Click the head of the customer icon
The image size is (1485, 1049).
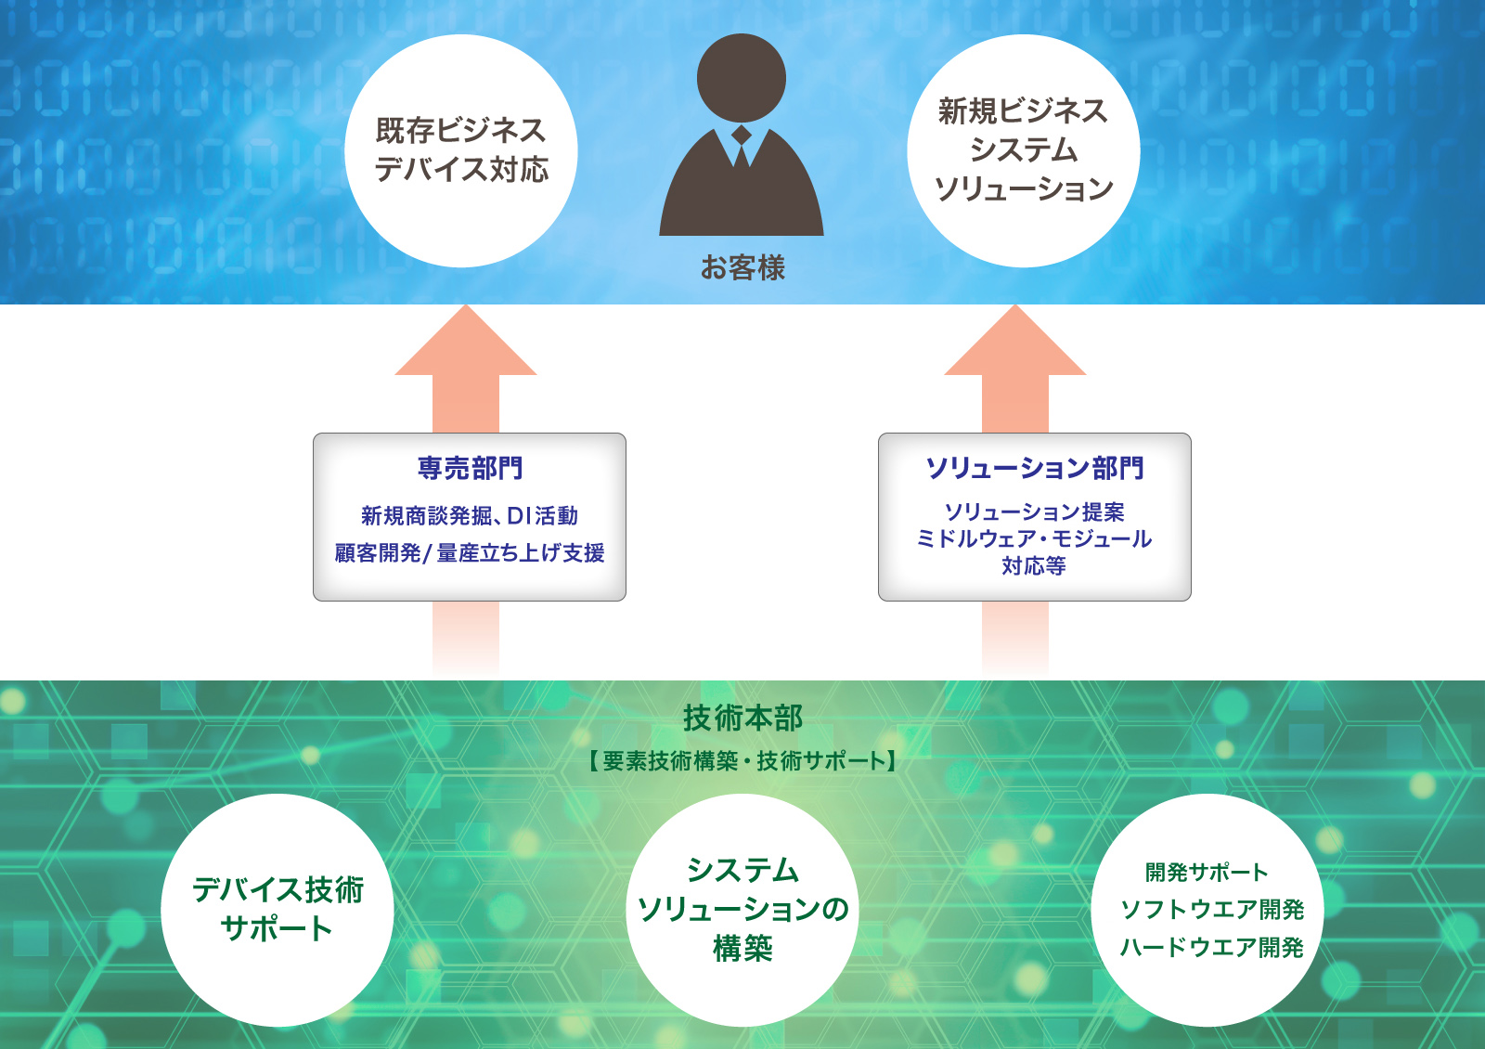pyautogui.click(x=742, y=78)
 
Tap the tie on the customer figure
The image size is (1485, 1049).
pyautogui.click(x=742, y=147)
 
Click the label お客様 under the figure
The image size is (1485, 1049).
pyautogui.click(x=742, y=268)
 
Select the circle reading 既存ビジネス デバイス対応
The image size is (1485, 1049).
pyautogui.click(x=461, y=150)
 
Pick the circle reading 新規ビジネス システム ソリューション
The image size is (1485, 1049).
pyautogui.click(x=1024, y=150)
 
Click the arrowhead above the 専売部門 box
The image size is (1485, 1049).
pyautogui.click(x=465, y=340)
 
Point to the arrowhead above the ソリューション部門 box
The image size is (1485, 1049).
pyautogui.click(x=1015, y=340)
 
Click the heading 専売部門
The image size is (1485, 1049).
pyautogui.click(x=470, y=468)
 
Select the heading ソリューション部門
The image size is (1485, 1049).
pyautogui.click(x=1035, y=468)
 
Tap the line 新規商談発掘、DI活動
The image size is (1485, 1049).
pyautogui.click(x=470, y=516)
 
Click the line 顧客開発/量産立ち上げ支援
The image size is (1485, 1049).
pyautogui.click(x=470, y=552)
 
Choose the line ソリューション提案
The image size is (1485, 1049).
pyautogui.click(x=1035, y=512)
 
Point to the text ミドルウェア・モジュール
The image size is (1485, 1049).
pyautogui.click(x=1034, y=539)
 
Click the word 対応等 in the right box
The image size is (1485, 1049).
pyautogui.click(x=1034, y=565)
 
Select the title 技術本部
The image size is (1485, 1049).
pyautogui.click(x=742, y=719)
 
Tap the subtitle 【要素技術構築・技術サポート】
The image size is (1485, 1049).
pyautogui.click(x=742, y=760)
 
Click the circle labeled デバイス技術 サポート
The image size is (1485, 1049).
pyautogui.click(x=278, y=910)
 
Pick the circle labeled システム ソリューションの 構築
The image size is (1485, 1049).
pyautogui.click(x=742, y=910)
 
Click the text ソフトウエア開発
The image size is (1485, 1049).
pyautogui.click(x=1212, y=910)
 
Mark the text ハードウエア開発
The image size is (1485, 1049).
pyautogui.click(x=1212, y=948)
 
